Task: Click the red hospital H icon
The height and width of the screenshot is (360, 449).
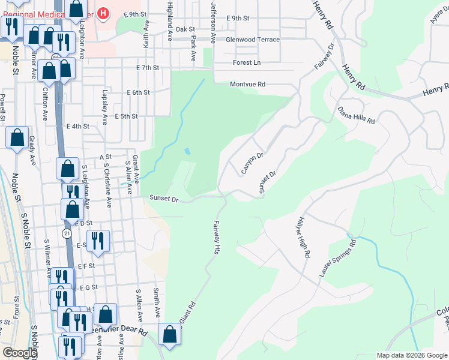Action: (104, 13)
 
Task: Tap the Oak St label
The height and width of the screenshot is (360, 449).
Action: (185, 29)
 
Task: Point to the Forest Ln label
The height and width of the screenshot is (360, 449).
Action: (247, 62)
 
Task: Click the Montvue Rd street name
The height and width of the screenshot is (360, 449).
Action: (247, 85)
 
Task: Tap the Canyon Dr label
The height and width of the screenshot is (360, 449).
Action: (252, 163)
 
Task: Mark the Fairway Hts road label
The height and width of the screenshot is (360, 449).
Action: (217, 238)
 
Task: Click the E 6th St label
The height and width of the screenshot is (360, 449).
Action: (138, 92)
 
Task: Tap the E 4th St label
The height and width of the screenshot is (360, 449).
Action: (78, 127)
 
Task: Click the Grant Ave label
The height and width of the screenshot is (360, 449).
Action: (136, 169)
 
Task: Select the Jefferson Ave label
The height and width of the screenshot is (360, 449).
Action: (214, 22)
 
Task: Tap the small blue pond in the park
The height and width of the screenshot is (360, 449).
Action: (188, 151)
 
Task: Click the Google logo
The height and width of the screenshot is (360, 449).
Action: (20, 353)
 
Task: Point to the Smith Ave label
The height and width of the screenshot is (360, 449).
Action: (156, 303)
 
